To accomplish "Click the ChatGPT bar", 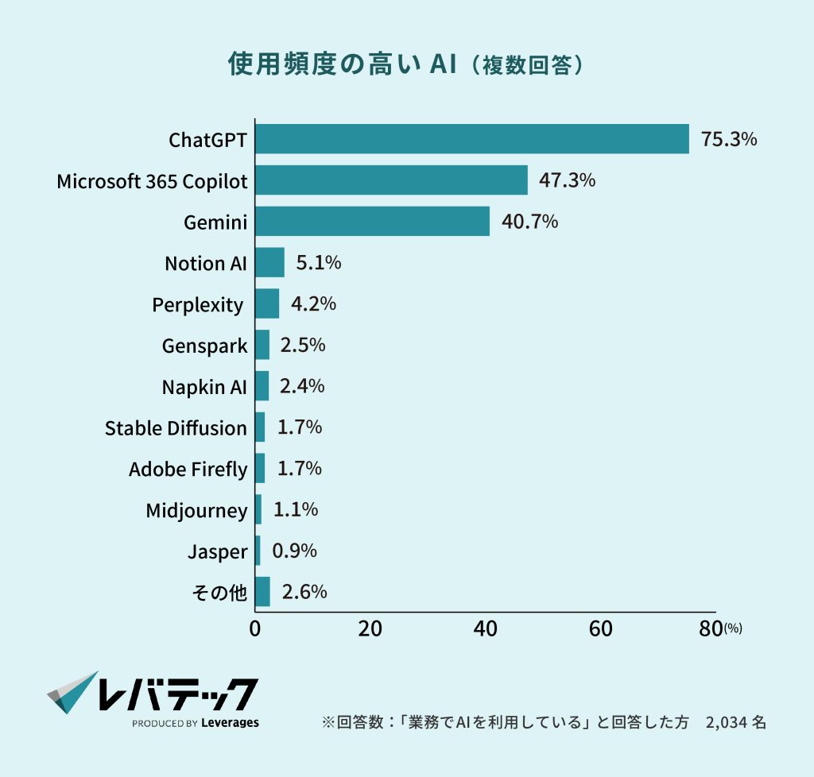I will [x=472, y=139].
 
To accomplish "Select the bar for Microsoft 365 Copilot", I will [x=391, y=180].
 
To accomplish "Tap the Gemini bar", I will [x=372, y=222].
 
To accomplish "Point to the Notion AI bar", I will [x=269, y=262].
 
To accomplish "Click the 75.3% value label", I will [x=729, y=139].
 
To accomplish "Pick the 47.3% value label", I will [x=568, y=180].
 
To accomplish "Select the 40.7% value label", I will [x=529, y=222].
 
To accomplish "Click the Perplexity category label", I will [x=198, y=304].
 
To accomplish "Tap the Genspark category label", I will [x=204, y=346].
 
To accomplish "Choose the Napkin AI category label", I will [x=204, y=387].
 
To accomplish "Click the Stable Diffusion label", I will [x=176, y=428].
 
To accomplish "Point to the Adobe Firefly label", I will [x=188, y=470].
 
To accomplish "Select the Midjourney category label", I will [x=196, y=511].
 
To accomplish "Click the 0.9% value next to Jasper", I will [x=294, y=551].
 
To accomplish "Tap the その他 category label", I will [x=220, y=593].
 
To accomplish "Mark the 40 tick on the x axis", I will [x=486, y=628].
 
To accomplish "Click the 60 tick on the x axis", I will [x=601, y=628].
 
